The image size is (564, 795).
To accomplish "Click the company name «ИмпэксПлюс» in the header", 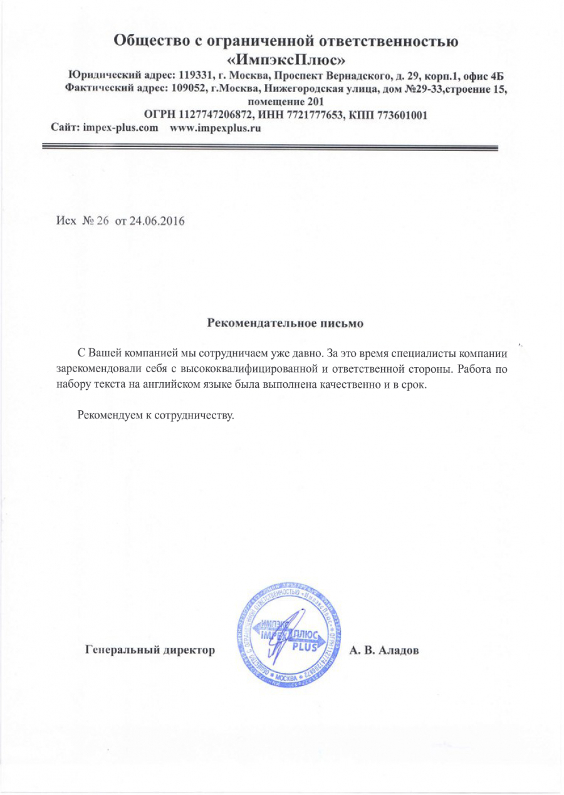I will (286, 60).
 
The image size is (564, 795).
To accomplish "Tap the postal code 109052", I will (189, 89).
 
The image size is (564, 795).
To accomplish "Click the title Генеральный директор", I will (150, 650).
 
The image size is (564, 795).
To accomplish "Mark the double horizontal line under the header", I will (269, 148).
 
